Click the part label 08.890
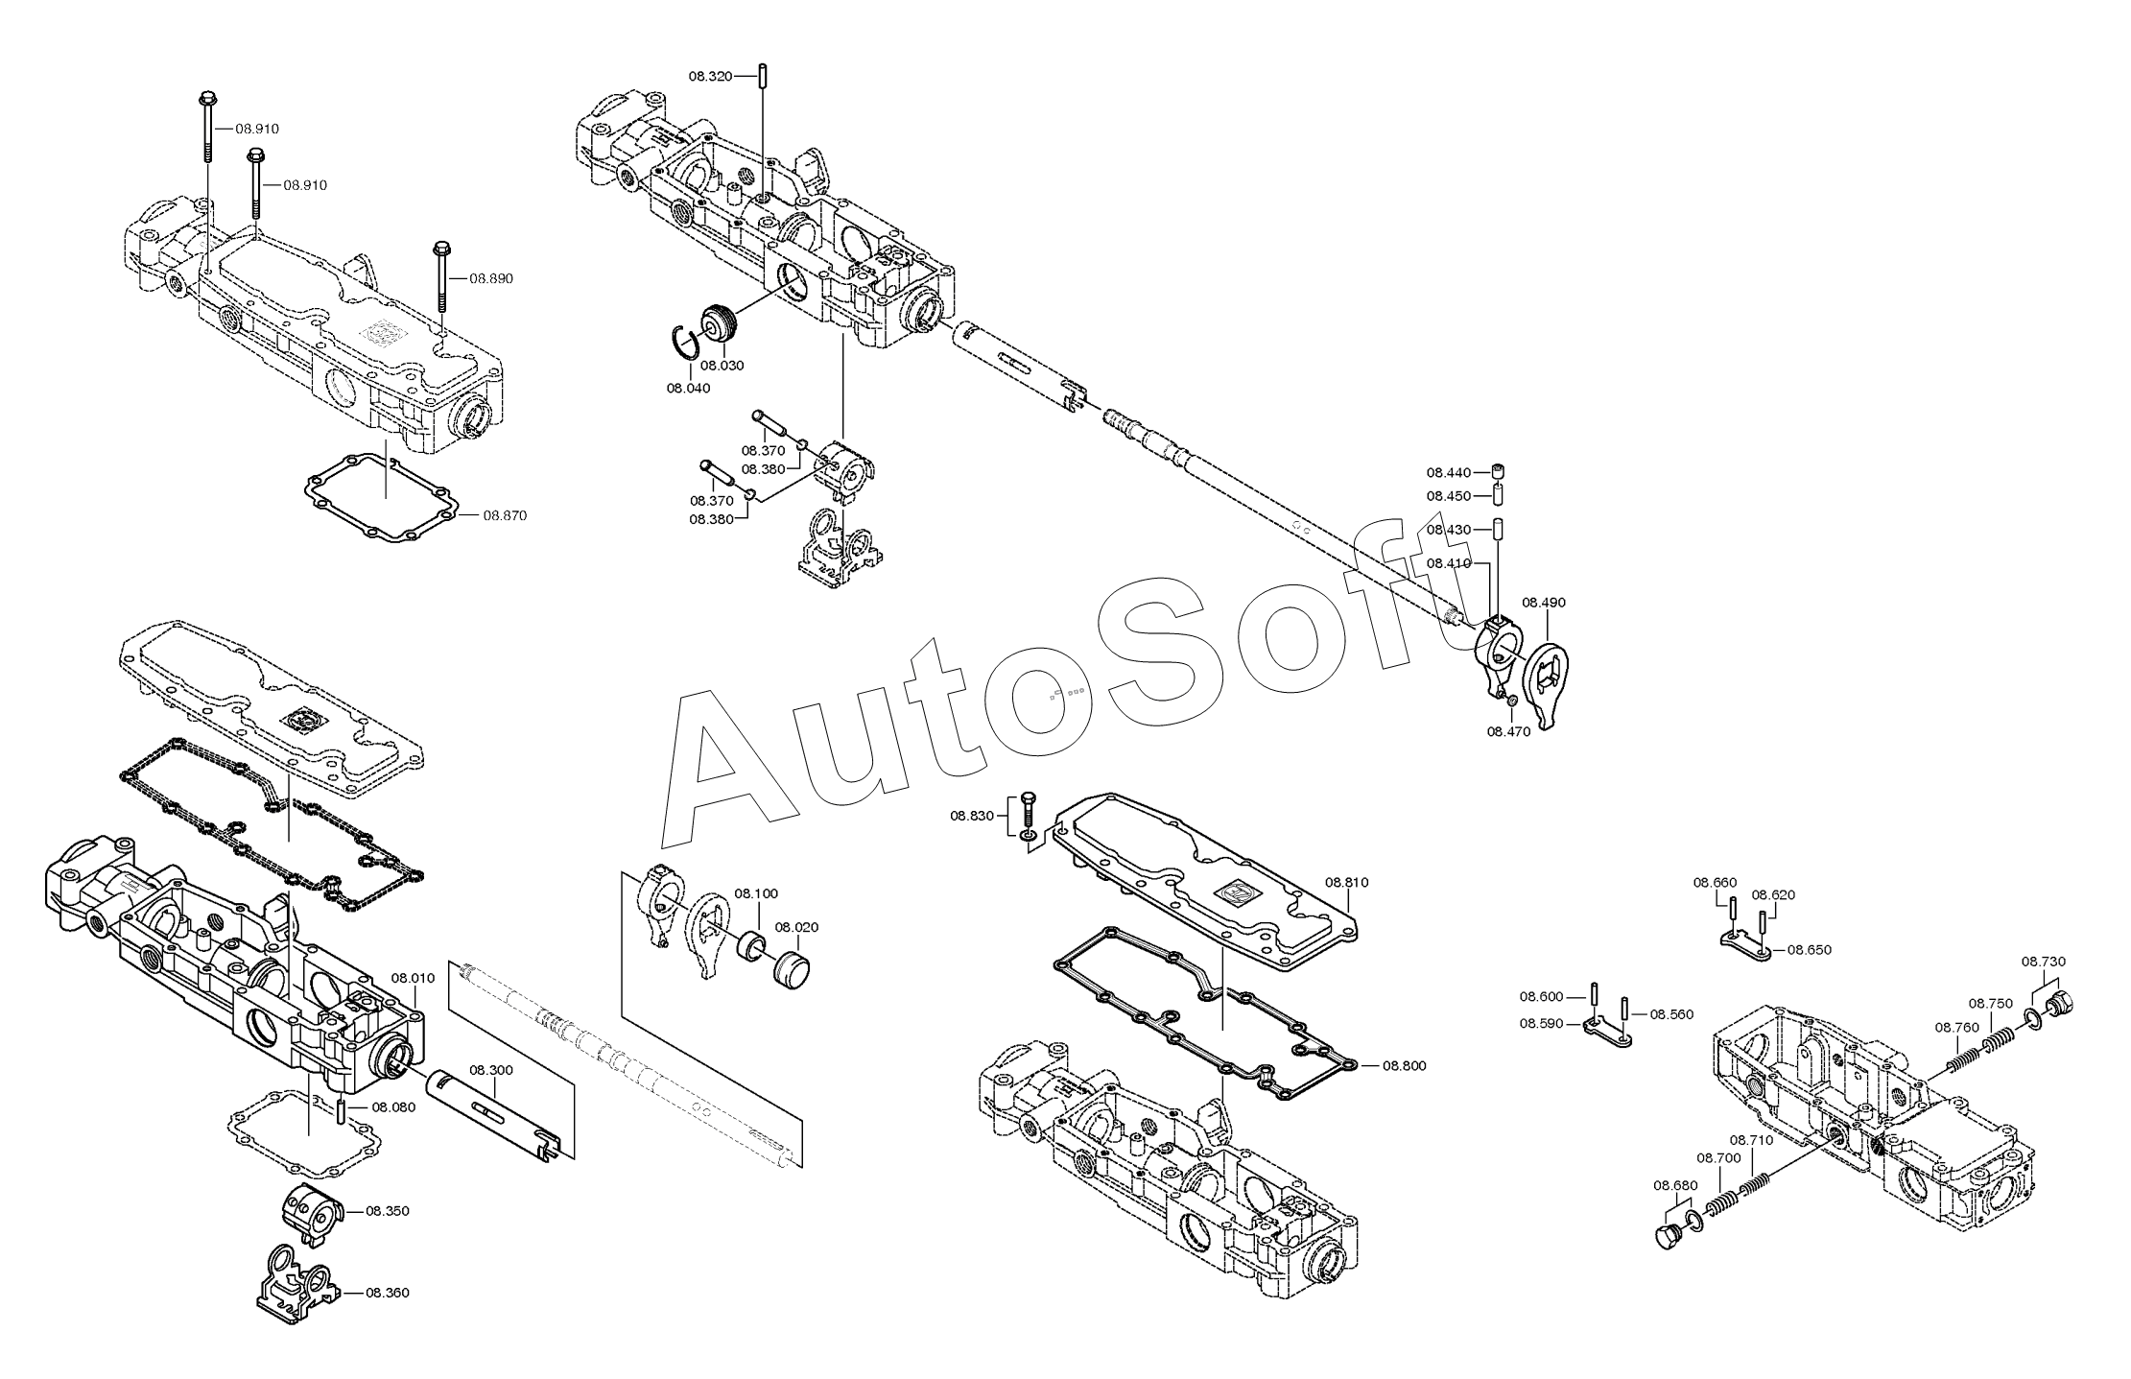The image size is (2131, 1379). pos(491,278)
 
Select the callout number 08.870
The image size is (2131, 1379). pos(505,515)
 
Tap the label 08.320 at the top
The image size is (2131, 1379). pos(711,75)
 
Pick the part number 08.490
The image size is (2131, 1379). pos(1544,603)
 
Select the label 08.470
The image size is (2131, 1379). pos(1509,731)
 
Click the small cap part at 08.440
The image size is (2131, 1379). pos(1497,472)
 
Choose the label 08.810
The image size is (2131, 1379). pos(1347,882)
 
